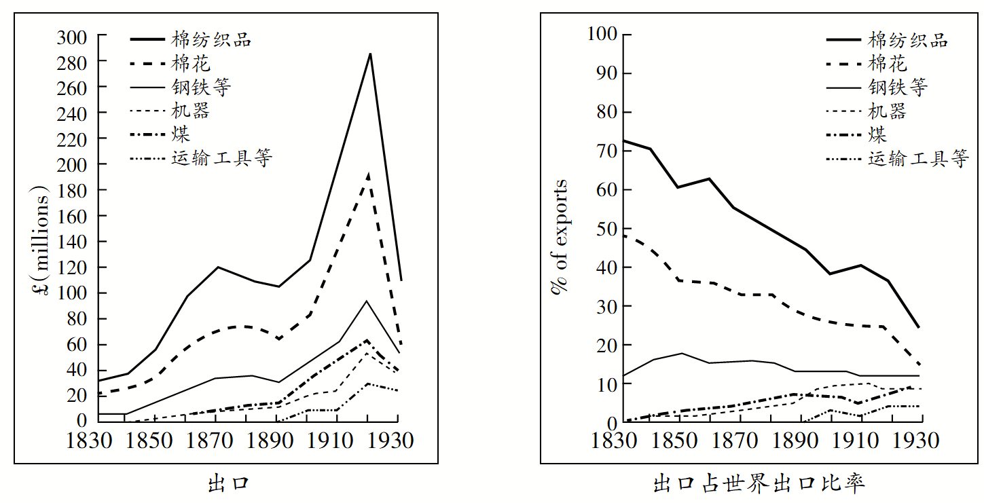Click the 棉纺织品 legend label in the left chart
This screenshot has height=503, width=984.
pyautogui.click(x=211, y=39)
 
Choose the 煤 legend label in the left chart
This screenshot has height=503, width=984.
pyautogui.click(x=181, y=134)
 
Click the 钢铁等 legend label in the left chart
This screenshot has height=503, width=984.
pyautogui.click(x=201, y=87)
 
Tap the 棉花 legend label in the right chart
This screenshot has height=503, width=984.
pyautogui.click(x=887, y=64)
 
